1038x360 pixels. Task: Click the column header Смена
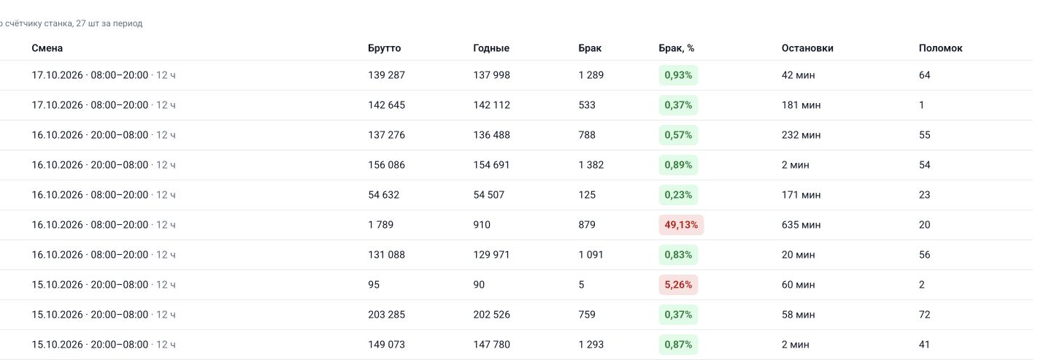(x=47, y=48)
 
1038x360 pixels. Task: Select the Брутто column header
(x=384, y=48)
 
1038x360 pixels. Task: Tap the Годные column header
(x=491, y=48)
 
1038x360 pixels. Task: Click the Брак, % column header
(x=677, y=48)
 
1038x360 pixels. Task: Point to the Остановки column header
(x=807, y=48)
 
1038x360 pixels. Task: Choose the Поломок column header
(x=941, y=48)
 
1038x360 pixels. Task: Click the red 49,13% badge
(x=681, y=225)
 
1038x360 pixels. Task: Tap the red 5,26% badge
(x=678, y=285)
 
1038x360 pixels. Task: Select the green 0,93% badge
(x=678, y=75)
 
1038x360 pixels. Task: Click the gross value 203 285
(x=386, y=315)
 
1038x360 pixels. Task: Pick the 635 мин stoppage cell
(x=801, y=225)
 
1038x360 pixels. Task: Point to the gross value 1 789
(x=380, y=225)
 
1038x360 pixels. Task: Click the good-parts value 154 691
(x=492, y=165)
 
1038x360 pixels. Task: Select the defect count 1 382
(x=591, y=165)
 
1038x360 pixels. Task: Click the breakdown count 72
(x=924, y=315)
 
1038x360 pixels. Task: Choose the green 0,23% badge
(x=678, y=195)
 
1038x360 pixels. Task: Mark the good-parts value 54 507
(x=489, y=195)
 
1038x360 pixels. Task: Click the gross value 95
(x=374, y=285)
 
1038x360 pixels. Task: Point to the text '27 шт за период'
(x=109, y=23)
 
